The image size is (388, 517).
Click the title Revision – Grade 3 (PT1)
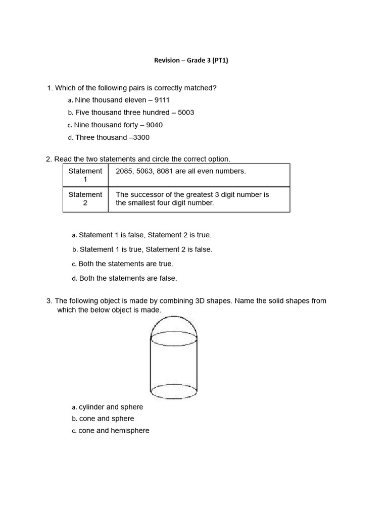(x=195, y=61)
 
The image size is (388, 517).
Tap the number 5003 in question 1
(x=186, y=113)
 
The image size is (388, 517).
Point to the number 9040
(x=154, y=125)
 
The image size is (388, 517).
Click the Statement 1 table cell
(x=85, y=175)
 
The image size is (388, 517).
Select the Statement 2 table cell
(x=85, y=199)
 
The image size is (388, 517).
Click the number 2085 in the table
(x=124, y=171)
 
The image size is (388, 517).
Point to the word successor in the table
(x=147, y=195)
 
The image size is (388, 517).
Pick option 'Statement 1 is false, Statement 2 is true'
(x=145, y=235)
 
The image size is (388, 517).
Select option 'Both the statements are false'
(x=128, y=278)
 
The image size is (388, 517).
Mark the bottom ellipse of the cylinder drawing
(x=174, y=391)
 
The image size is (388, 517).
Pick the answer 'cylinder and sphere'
(x=111, y=407)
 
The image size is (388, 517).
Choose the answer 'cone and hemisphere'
(x=114, y=431)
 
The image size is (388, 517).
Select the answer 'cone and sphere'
(x=107, y=419)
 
